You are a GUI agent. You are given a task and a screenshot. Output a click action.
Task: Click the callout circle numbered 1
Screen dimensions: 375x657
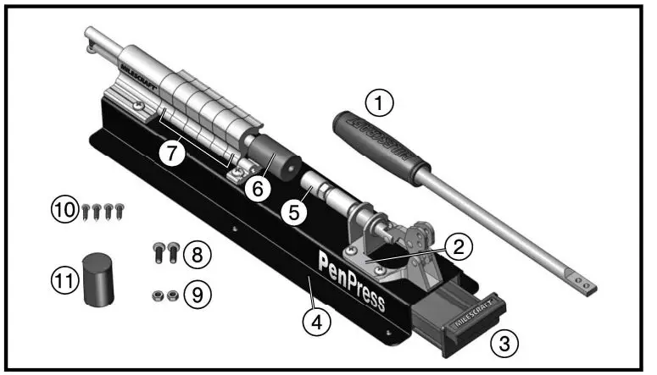(381, 105)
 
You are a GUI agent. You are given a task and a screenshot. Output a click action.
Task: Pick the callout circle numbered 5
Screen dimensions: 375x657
(293, 212)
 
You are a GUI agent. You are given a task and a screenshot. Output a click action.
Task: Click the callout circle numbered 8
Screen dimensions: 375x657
(196, 252)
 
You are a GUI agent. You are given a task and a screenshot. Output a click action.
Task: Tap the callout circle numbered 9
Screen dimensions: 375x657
(196, 295)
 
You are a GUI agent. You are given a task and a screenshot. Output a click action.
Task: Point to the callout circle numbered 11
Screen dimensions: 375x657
(66, 280)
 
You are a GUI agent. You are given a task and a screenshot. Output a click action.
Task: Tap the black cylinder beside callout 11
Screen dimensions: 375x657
(100, 278)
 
